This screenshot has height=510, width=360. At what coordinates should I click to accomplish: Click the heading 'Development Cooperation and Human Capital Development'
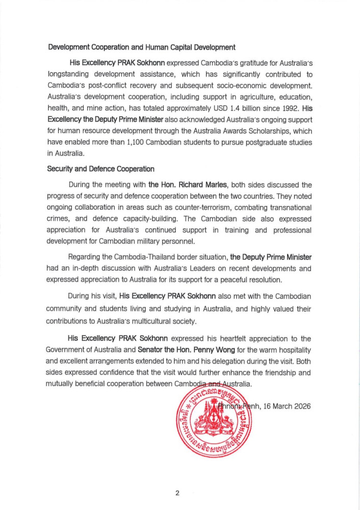tap(142, 47)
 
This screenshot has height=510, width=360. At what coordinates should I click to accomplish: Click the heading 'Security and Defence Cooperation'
tap(100, 169)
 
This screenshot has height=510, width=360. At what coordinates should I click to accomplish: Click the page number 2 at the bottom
tap(177, 493)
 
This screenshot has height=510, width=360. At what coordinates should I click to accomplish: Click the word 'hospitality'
tap(290, 350)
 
